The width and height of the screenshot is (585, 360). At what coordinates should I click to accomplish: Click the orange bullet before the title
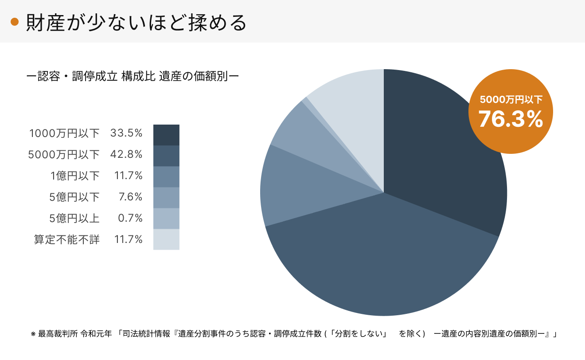pos(15,22)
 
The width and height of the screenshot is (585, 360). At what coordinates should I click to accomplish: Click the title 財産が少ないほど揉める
pos(136,23)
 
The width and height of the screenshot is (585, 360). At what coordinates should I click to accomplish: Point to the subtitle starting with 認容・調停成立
pos(133,76)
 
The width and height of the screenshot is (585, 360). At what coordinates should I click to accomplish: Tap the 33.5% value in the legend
pos(126,133)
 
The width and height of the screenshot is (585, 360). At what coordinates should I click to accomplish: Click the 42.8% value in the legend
pos(126,154)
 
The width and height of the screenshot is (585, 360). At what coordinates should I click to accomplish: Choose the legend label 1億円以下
pos(75,176)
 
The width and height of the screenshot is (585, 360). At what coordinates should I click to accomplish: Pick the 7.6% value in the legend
pos(131,197)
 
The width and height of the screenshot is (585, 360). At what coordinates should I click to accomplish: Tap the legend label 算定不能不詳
pos(67,240)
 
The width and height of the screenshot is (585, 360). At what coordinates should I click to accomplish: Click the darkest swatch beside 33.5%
pos(166,135)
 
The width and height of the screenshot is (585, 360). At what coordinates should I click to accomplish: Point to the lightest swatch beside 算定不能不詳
pos(166,239)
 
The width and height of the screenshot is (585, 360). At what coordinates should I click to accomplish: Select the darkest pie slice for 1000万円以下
pos(443,146)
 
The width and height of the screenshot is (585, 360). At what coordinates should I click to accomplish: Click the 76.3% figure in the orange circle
pos(511,119)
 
